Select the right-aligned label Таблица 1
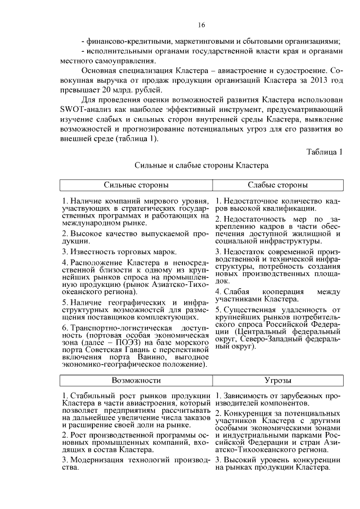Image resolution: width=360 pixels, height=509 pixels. (x=325, y=152)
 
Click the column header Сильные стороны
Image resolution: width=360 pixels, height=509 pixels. (x=136, y=185)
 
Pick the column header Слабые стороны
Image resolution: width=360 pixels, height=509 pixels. (x=277, y=185)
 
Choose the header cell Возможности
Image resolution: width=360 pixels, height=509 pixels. (x=136, y=381)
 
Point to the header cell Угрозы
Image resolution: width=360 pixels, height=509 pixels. (x=277, y=381)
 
